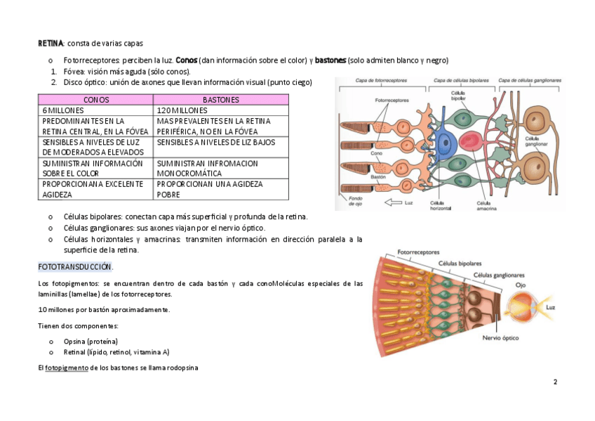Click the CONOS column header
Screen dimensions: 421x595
tap(96, 100)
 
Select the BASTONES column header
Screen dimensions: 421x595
tap(220, 100)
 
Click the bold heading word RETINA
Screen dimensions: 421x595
tap(51, 44)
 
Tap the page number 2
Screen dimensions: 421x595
tap(555, 382)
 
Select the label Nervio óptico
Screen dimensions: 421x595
tap(500, 338)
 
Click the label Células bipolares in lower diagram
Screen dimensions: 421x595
tap(458, 264)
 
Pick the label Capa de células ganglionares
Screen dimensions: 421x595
tap(530, 81)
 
